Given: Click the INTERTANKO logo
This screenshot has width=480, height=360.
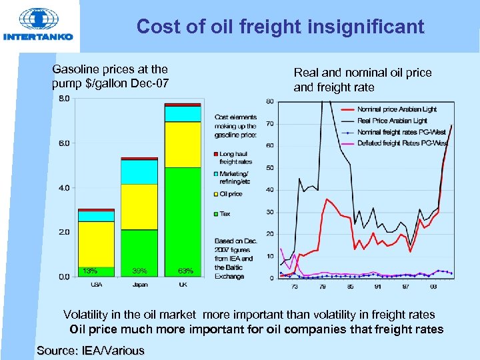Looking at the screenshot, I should [38, 26].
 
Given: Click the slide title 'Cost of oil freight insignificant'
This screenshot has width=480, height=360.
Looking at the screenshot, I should [280, 27].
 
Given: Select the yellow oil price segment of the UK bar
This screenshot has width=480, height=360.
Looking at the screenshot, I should [183, 144].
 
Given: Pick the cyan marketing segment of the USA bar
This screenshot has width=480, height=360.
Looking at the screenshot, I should [96, 216].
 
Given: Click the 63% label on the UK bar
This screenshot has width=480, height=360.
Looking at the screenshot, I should [185, 271].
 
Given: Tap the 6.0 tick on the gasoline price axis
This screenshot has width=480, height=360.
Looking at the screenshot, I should [65, 143].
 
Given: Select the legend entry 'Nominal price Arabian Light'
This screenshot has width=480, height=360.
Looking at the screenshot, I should [397, 109].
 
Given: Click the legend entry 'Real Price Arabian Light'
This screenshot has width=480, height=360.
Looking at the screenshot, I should [392, 121].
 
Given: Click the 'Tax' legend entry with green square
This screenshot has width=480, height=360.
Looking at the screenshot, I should [225, 214].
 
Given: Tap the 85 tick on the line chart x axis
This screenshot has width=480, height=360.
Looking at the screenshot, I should [350, 287].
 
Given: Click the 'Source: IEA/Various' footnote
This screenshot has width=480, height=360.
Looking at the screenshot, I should [91, 351].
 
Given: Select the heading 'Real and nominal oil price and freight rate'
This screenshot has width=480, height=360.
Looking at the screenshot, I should [362, 80].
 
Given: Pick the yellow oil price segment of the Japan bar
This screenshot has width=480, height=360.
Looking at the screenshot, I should [139, 207].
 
